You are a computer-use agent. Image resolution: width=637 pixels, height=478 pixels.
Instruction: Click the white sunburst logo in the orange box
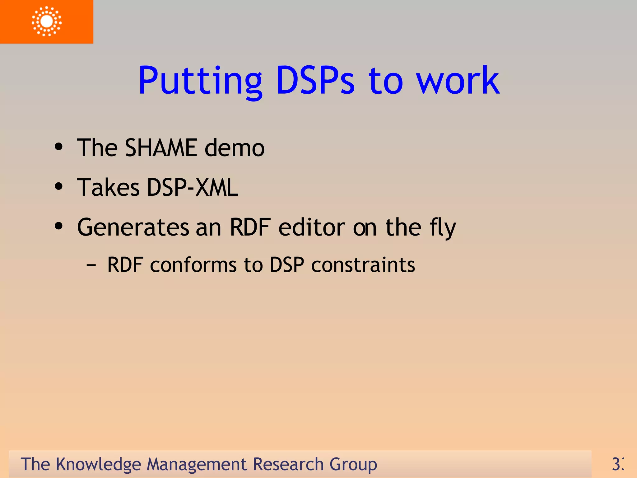coord(47,21)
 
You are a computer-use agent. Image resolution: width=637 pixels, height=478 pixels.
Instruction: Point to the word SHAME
coord(161,148)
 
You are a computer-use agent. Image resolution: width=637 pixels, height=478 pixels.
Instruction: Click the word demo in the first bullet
coord(235,148)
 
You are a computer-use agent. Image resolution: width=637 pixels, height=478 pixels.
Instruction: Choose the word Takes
coord(108,187)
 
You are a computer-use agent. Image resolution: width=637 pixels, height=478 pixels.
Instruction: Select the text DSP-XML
coord(193,187)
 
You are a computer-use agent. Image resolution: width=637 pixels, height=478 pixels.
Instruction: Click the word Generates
coord(133,227)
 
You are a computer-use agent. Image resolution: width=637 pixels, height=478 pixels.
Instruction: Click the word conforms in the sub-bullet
coord(193,265)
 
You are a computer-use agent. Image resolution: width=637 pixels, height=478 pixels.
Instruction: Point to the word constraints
coord(363,265)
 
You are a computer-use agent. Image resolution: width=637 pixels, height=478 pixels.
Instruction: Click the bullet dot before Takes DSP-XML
coord(58,186)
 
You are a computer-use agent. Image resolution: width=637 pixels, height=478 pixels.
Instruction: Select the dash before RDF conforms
coord(91,265)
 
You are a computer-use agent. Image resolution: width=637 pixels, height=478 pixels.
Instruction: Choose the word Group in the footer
coord(353,465)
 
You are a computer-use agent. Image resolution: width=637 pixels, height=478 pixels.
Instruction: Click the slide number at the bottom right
coord(618,464)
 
